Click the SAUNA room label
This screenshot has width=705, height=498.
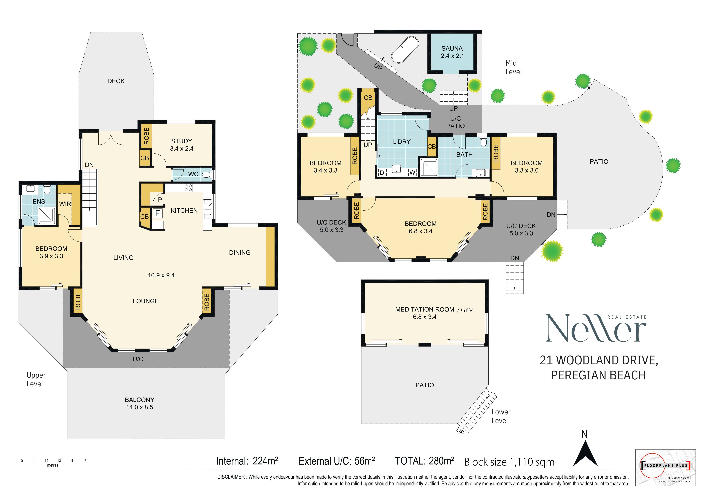pyautogui.click(x=452, y=48)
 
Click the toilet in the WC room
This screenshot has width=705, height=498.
pyautogui.click(x=207, y=175)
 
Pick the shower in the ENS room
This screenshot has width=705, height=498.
pyautogui.click(x=47, y=216)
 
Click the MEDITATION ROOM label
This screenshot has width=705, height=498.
pyautogui.click(x=425, y=310)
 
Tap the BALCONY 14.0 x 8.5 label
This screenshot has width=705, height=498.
pyautogui.click(x=140, y=404)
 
